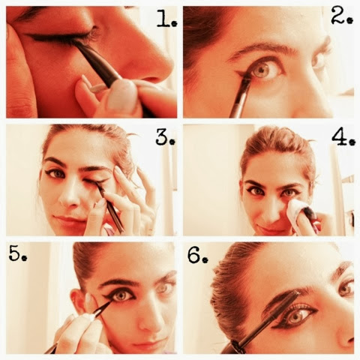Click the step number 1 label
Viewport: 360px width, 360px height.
pos(166,19)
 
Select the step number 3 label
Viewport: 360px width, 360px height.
pos(165,137)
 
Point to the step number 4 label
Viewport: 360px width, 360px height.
pos(343,137)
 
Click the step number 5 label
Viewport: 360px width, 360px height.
pos(18,253)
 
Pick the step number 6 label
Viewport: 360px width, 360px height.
pos(197,255)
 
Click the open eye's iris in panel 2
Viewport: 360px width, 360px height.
pos(261,70)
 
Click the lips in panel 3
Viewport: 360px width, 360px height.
pos(69,220)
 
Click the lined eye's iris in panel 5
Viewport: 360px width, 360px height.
pos(121,295)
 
